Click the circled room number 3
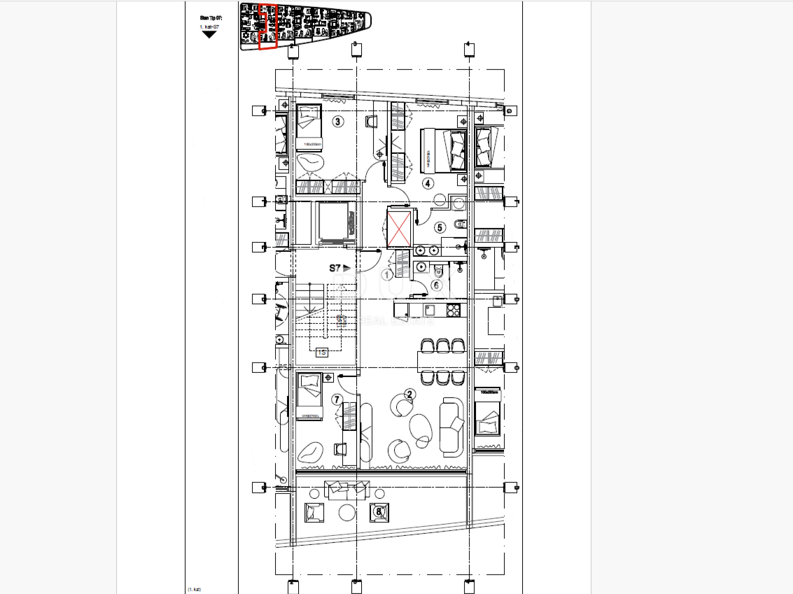338,122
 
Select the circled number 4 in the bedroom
428,183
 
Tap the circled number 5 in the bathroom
440,227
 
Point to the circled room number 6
436,285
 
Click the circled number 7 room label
337,399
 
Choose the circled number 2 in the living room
410,394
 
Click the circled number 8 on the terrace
379,511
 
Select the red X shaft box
400,228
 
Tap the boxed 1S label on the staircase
322,352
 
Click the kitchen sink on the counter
430,309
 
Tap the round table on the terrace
347,513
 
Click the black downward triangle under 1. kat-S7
209,34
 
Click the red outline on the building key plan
268,27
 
